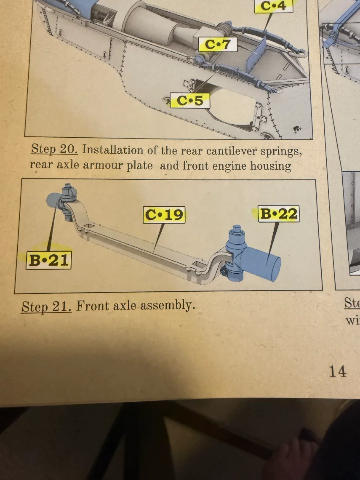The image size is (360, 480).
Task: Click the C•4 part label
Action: [273, 6]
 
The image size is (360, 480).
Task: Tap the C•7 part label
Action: [218, 44]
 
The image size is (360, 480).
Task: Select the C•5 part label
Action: [190, 100]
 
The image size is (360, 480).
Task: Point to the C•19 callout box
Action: [164, 215]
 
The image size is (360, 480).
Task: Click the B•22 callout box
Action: [279, 213]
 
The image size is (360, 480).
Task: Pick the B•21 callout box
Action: [49, 260]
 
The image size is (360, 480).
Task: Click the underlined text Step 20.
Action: [54, 149]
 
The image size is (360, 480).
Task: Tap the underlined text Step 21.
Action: [47, 306]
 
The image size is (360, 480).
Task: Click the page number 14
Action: [338, 371]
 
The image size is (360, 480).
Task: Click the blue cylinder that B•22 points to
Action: [260, 264]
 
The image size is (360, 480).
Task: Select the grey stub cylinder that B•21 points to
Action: [54, 200]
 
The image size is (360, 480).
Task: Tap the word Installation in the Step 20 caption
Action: [112, 150]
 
